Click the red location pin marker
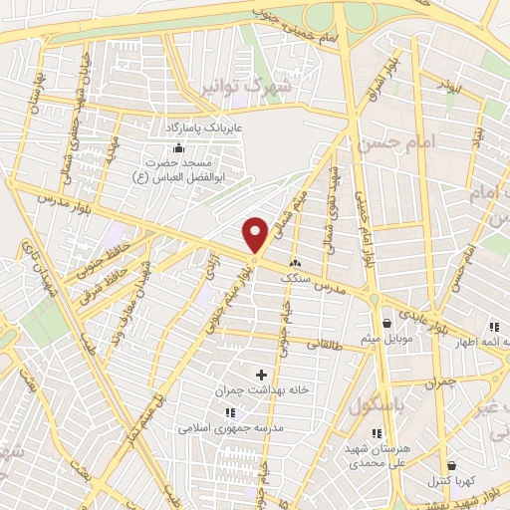256,234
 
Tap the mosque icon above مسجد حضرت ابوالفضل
178,147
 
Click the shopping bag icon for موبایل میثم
386,323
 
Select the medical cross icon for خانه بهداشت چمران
262,376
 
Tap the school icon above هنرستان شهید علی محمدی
376,433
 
